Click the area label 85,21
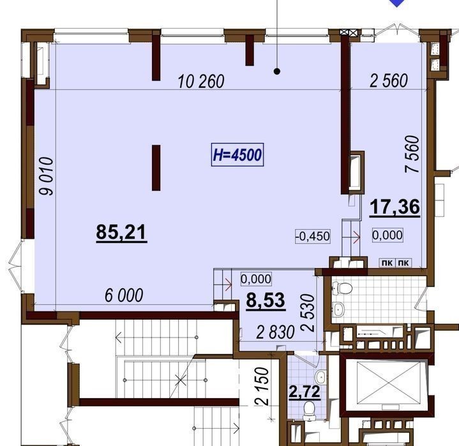pyautogui.click(x=121, y=233)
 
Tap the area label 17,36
pyautogui.click(x=395, y=207)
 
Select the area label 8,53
pyautogui.click(x=266, y=301)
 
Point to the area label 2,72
pyautogui.click(x=305, y=392)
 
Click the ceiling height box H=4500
pyautogui.click(x=237, y=155)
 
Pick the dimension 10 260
pyautogui.click(x=201, y=82)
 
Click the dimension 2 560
pyautogui.click(x=389, y=81)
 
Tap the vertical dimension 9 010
pyautogui.click(x=47, y=176)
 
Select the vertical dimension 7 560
pyautogui.click(x=412, y=154)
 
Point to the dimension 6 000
pyautogui.click(x=124, y=295)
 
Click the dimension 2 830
pyautogui.click(x=275, y=332)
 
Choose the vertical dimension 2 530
pyautogui.click(x=308, y=313)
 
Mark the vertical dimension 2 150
pyautogui.click(x=262, y=386)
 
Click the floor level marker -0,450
pyautogui.click(x=313, y=236)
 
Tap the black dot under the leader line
pyautogui.click(x=277, y=71)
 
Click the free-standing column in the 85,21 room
pyautogui.click(x=156, y=168)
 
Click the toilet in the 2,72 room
pyautogui.click(x=309, y=410)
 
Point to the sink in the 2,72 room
pyautogui.click(x=321, y=376)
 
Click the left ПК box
pyautogui.click(x=388, y=263)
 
